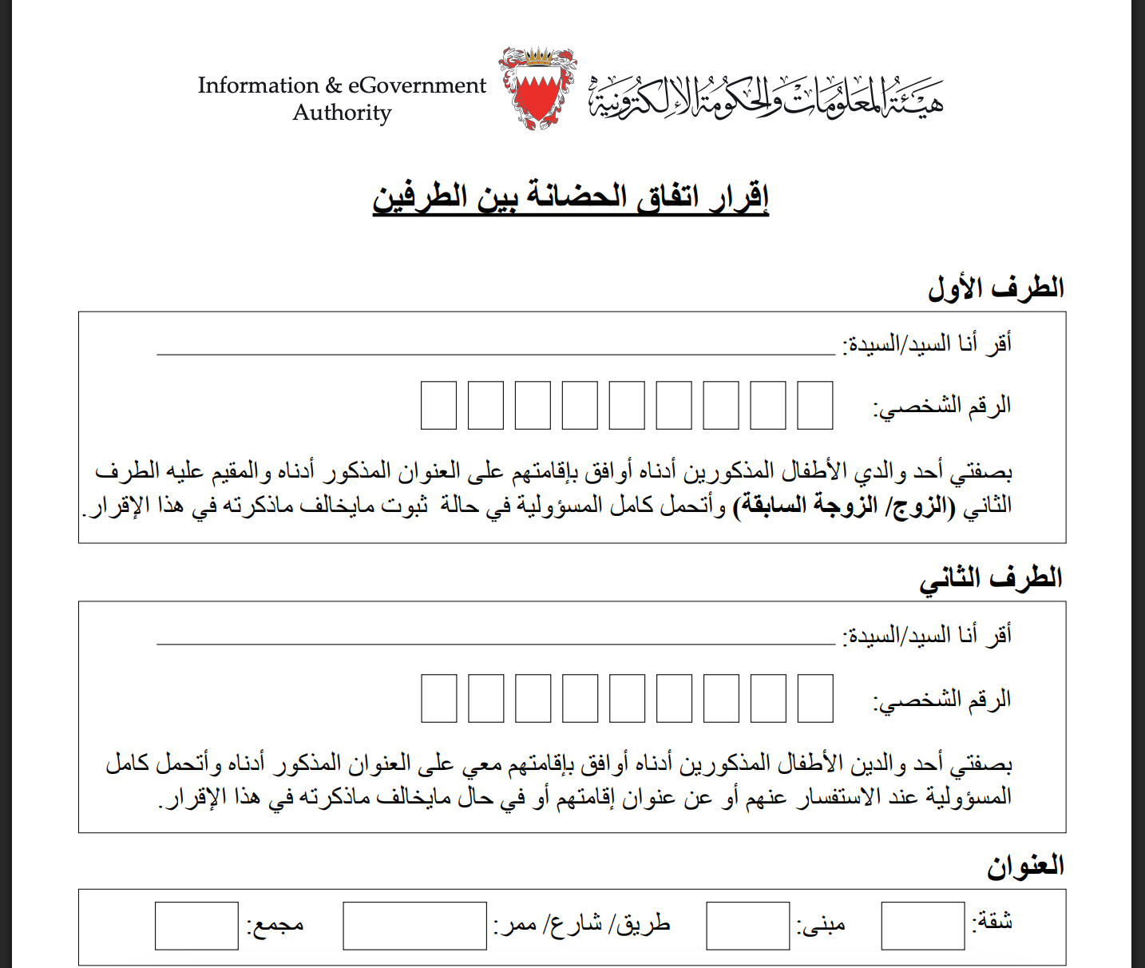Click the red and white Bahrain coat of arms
click(538, 88)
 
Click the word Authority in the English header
click(342, 113)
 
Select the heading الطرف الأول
click(996, 288)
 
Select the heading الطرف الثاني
click(991, 578)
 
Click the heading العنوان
click(1025, 867)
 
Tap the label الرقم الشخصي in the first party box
click(942, 407)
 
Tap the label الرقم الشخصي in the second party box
click(942, 700)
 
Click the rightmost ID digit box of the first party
click(814, 406)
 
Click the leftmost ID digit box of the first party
click(438, 406)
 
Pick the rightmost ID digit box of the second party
click(814, 698)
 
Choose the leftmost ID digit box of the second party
click(438, 698)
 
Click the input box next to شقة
click(922, 926)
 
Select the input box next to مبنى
click(747, 926)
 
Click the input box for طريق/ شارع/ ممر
click(414, 926)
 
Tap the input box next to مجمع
click(196, 926)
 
